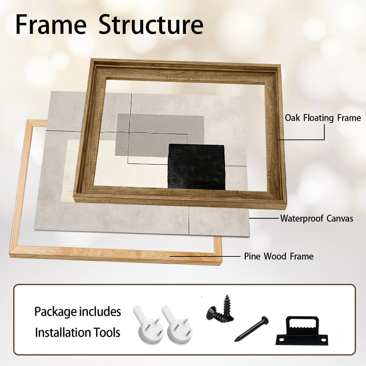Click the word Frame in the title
pos(51,25)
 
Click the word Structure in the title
pos(151,25)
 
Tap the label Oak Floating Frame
pos(323,118)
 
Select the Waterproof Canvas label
pos(317,219)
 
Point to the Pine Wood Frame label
pos(279,256)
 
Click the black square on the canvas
pos(197,167)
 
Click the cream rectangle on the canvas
pos(117,168)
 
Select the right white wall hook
pos(177,325)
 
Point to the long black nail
pos(251,329)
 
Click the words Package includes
pos(77,312)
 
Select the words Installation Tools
pos(77,333)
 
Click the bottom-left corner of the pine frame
pos(10,257)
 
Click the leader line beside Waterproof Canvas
pos(264,219)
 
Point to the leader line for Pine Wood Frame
pos(205,256)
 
